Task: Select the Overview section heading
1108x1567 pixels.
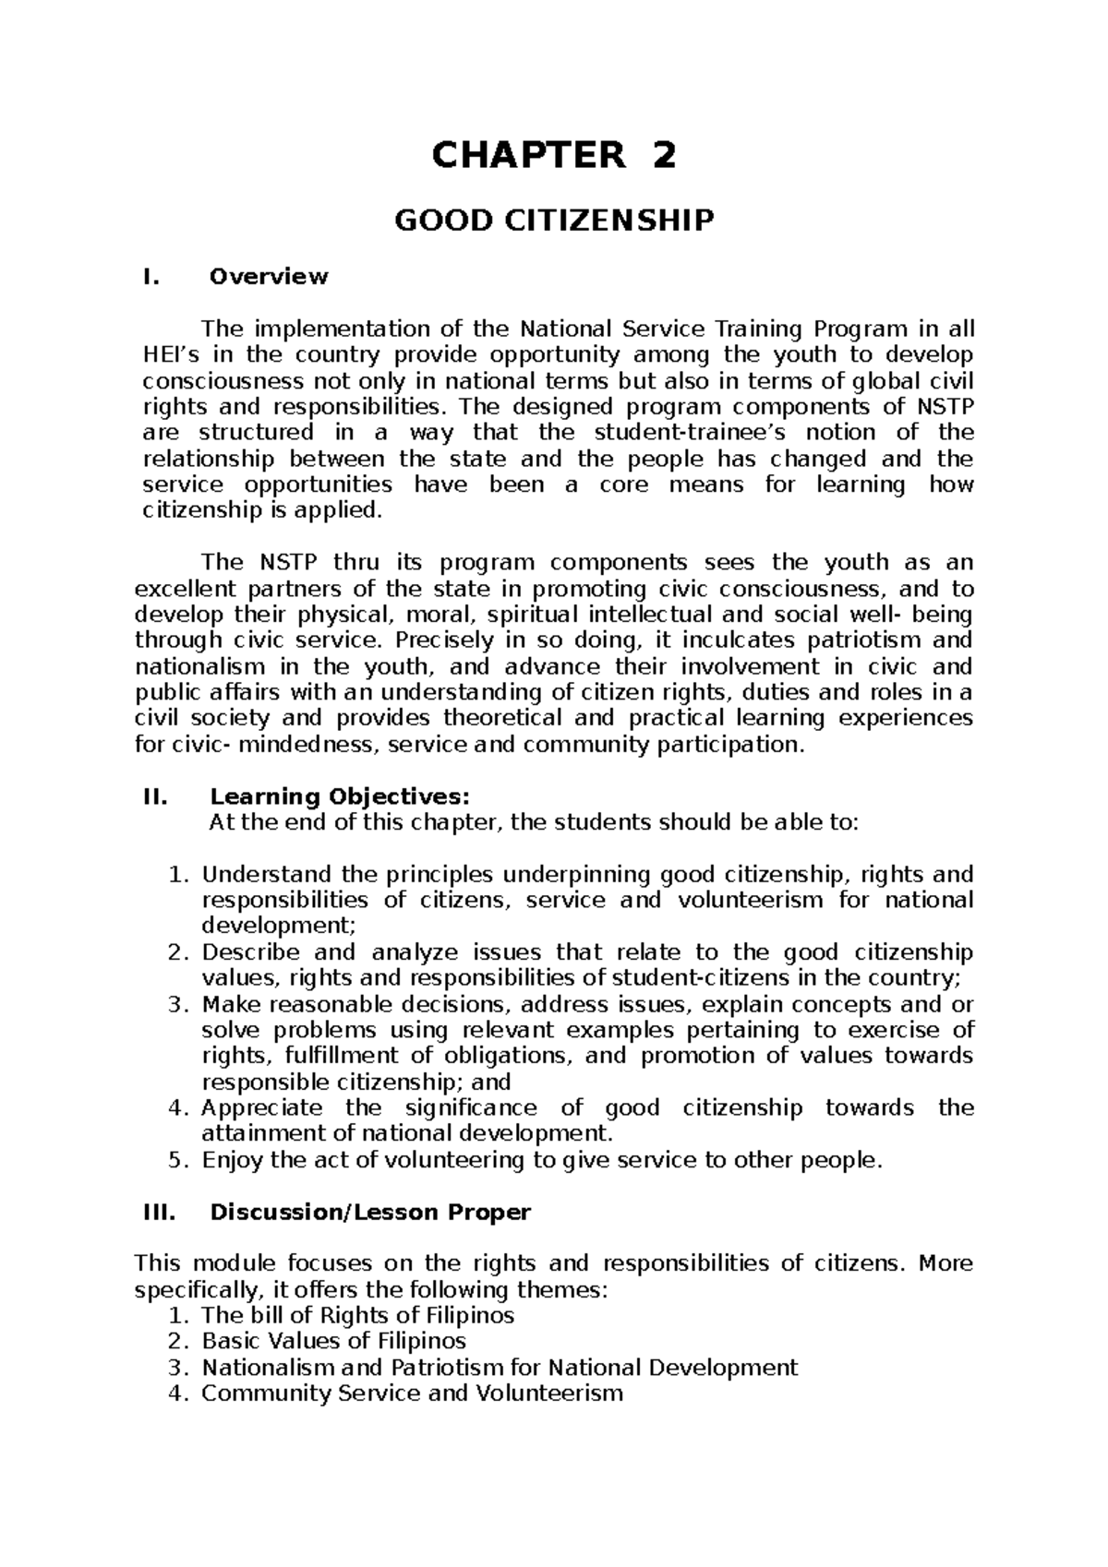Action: point(269,276)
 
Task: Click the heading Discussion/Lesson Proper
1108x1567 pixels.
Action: point(370,1212)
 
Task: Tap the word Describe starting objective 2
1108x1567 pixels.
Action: point(251,952)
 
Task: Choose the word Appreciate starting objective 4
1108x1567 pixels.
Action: point(262,1107)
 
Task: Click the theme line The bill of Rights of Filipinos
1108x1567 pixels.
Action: point(357,1315)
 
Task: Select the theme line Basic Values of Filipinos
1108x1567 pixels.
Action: point(333,1341)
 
